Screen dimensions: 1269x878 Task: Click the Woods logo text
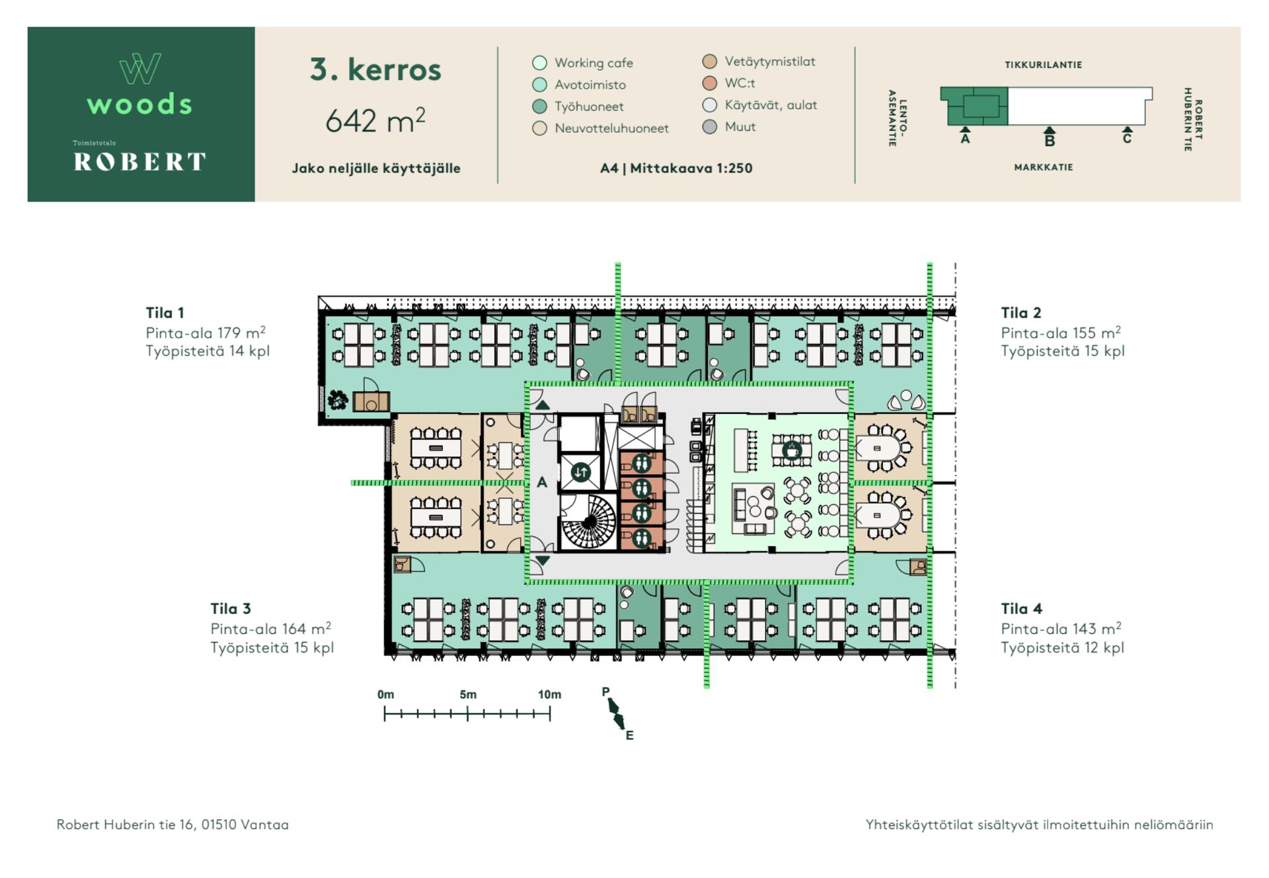[x=139, y=104]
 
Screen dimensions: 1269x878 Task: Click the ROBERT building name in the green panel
[x=139, y=161]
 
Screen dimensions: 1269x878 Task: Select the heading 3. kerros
[x=375, y=69]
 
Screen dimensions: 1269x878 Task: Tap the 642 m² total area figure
[x=375, y=120]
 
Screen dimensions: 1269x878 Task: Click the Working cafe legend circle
[x=539, y=63]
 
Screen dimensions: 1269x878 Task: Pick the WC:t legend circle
[x=710, y=83]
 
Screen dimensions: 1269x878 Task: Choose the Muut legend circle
[x=710, y=127]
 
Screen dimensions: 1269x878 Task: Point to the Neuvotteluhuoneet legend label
[x=611, y=128]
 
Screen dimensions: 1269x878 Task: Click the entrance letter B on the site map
[x=1050, y=140]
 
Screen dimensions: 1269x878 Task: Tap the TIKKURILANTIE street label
[x=1043, y=65]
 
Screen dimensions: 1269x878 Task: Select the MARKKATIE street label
[x=1043, y=167]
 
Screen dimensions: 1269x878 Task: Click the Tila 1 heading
[x=165, y=313]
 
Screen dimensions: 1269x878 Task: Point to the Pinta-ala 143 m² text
[x=1061, y=629]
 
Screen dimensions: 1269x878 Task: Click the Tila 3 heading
[x=231, y=609]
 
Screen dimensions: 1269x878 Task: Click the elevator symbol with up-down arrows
[x=581, y=472]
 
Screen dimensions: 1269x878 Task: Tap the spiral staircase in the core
[x=589, y=522]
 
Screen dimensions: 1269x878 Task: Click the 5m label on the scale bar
[x=468, y=694]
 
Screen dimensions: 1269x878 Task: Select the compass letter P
[x=605, y=692]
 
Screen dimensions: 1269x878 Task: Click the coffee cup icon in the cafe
[x=791, y=451]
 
